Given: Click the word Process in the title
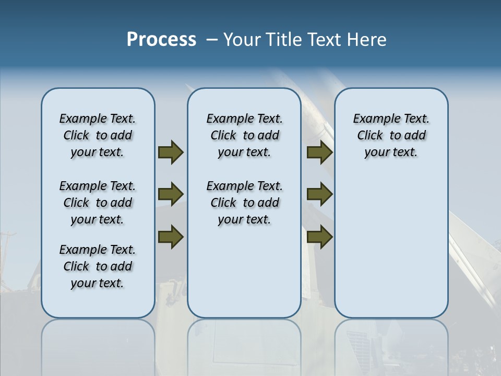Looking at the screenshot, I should (161, 40).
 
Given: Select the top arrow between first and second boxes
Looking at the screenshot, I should (171, 152).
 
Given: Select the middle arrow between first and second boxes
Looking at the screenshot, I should (171, 194).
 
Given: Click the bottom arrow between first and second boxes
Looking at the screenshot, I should (171, 237).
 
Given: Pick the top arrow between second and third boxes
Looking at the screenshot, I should (319, 152).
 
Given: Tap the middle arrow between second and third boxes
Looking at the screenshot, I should (319, 194).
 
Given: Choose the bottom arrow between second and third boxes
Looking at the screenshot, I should (319, 237).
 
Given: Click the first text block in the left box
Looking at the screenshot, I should (98, 135).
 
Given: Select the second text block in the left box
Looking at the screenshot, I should (98, 203).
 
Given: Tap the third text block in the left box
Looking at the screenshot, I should (98, 266).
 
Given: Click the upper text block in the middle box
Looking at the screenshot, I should (244, 135).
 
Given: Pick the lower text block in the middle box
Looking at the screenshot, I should (244, 203).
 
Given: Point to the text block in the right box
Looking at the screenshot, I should (391, 135).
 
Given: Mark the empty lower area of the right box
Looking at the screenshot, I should (391, 245).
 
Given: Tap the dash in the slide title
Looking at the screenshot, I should (211, 40).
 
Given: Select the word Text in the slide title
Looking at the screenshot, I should (324, 40).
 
